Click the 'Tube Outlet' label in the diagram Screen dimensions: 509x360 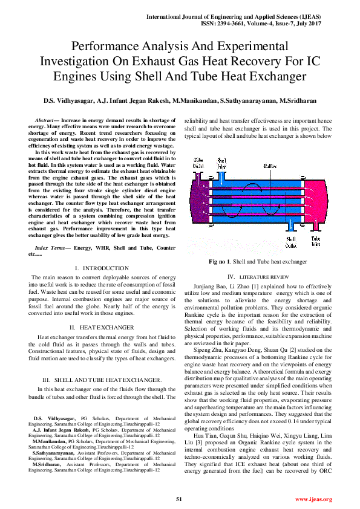pyautogui.click(x=198, y=163)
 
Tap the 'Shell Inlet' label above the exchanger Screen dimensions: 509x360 pyautogui.click(x=222, y=163)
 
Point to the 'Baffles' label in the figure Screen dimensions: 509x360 pyautogui.click(x=270, y=166)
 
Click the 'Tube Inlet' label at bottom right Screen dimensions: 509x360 pyautogui.click(x=315, y=242)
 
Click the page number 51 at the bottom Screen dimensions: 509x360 pyautogui.click(x=179, y=499)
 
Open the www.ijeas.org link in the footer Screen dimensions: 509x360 pyautogui.click(x=313, y=499)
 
